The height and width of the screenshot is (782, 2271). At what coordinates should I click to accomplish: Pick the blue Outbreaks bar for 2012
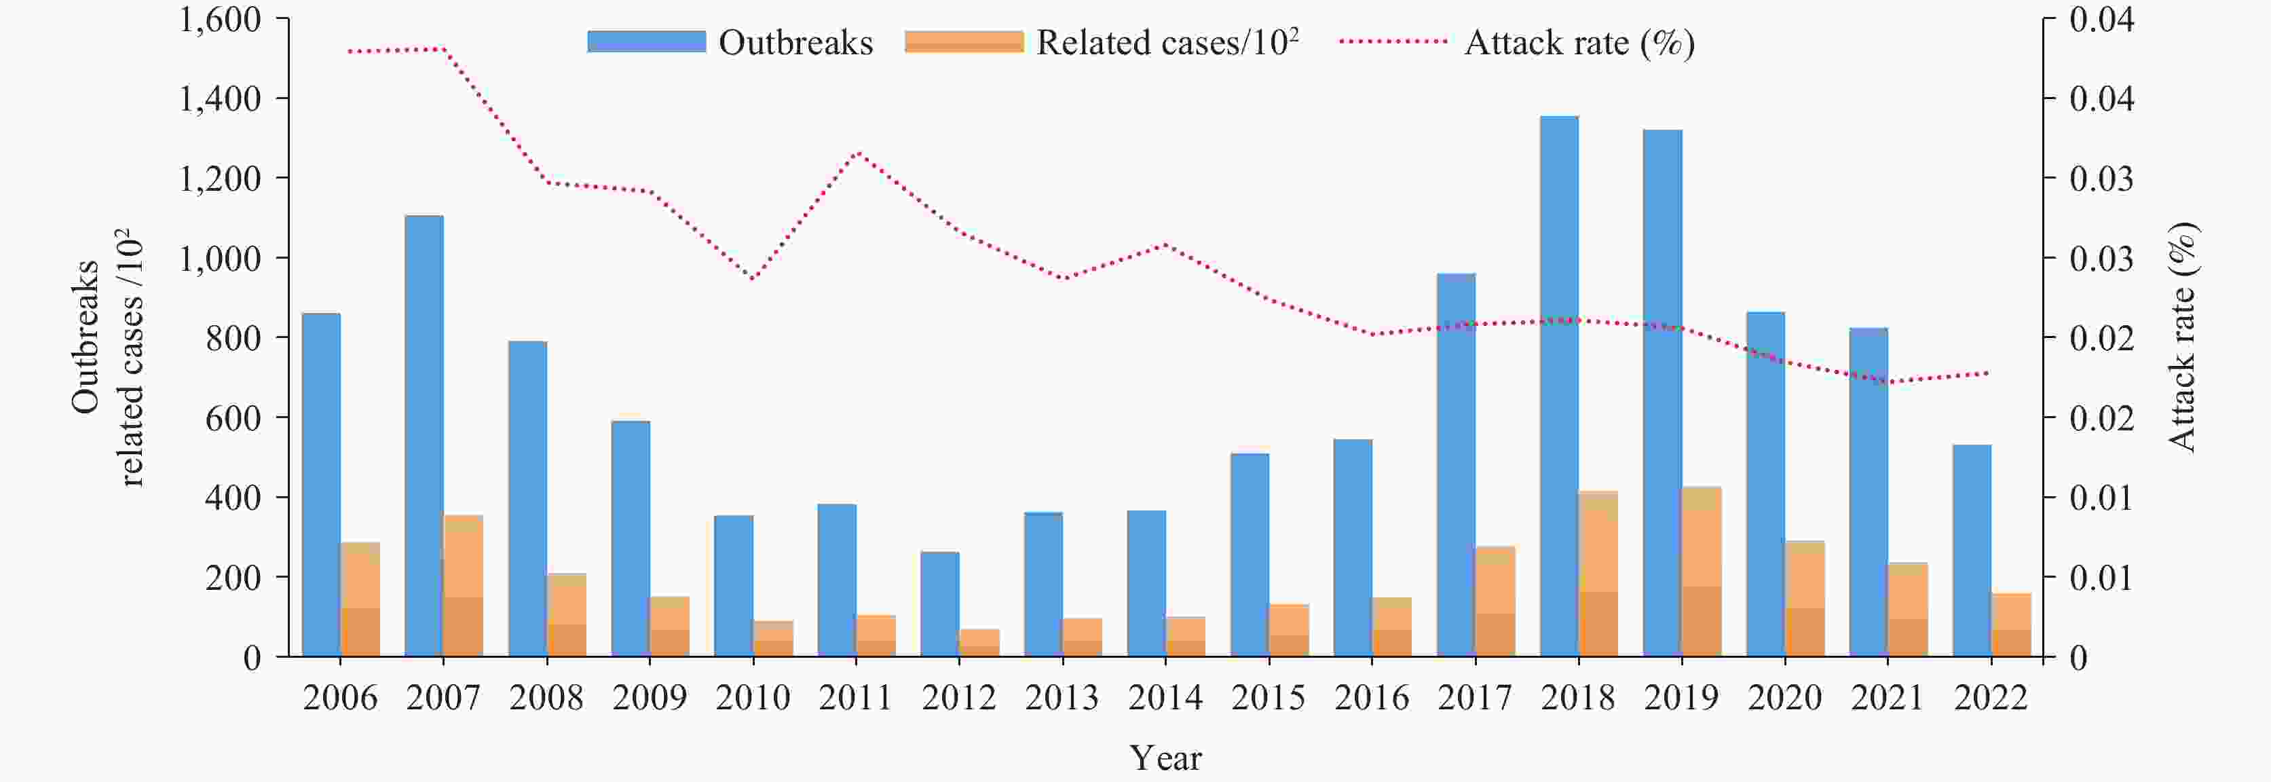(x=940, y=604)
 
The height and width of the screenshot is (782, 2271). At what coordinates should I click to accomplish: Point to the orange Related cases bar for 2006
(x=360, y=599)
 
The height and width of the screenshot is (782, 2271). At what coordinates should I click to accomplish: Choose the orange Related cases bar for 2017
(x=1495, y=601)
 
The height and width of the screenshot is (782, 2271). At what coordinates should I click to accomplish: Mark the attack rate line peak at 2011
(x=858, y=153)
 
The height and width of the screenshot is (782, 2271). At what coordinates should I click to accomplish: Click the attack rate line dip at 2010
(x=754, y=278)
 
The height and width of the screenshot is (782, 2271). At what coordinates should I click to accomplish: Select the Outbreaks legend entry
(x=731, y=42)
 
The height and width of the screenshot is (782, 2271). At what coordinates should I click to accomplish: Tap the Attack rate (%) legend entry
(x=1516, y=42)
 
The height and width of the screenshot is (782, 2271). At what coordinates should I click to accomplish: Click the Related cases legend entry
(x=1102, y=42)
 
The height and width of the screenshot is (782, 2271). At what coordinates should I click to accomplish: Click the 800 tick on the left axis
(x=233, y=337)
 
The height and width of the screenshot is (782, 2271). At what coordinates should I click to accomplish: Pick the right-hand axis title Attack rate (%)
(x=2182, y=337)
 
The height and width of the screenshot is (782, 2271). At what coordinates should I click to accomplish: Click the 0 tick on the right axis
(x=2078, y=658)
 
